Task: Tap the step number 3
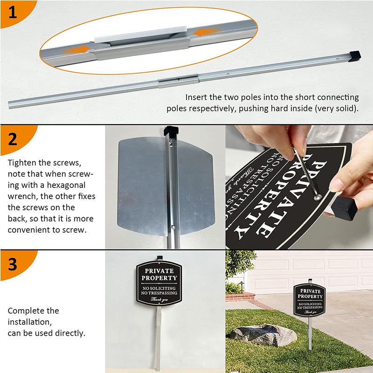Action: tap(13, 264)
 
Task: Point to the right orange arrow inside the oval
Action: tap(206, 32)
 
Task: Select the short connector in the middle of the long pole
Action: tap(178, 81)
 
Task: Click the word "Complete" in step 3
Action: tap(26, 311)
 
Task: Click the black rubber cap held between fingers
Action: tap(345, 207)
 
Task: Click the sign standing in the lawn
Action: tap(310, 300)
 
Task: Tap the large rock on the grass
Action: tap(264, 334)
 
